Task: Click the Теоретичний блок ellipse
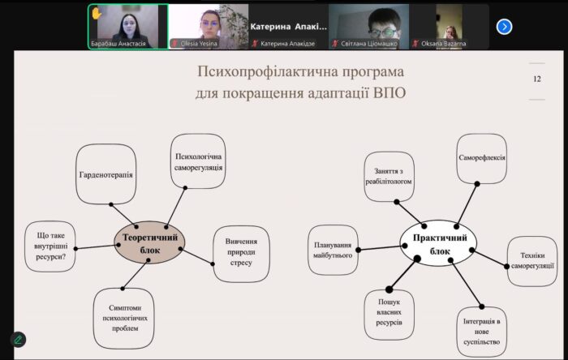[149, 242]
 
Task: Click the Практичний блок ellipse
[438, 243]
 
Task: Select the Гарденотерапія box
[106, 174]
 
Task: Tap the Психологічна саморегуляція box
[198, 161]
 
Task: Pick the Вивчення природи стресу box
[241, 254]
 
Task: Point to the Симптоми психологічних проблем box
[124, 319]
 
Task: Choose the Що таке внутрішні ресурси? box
[50, 246]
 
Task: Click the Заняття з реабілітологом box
[389, 177]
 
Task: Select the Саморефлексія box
[482, 158]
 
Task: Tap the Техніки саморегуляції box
[532, 261]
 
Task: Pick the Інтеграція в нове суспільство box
[482, 332]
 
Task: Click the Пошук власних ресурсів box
[389, 315]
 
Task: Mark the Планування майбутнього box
[333, 250]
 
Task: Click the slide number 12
[537, 79]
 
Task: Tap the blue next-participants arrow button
[504, 27]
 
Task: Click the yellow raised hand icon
[97, 14]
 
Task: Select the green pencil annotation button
[18, 340]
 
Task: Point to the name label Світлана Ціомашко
[368, 44]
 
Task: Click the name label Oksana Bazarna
[443, 44]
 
